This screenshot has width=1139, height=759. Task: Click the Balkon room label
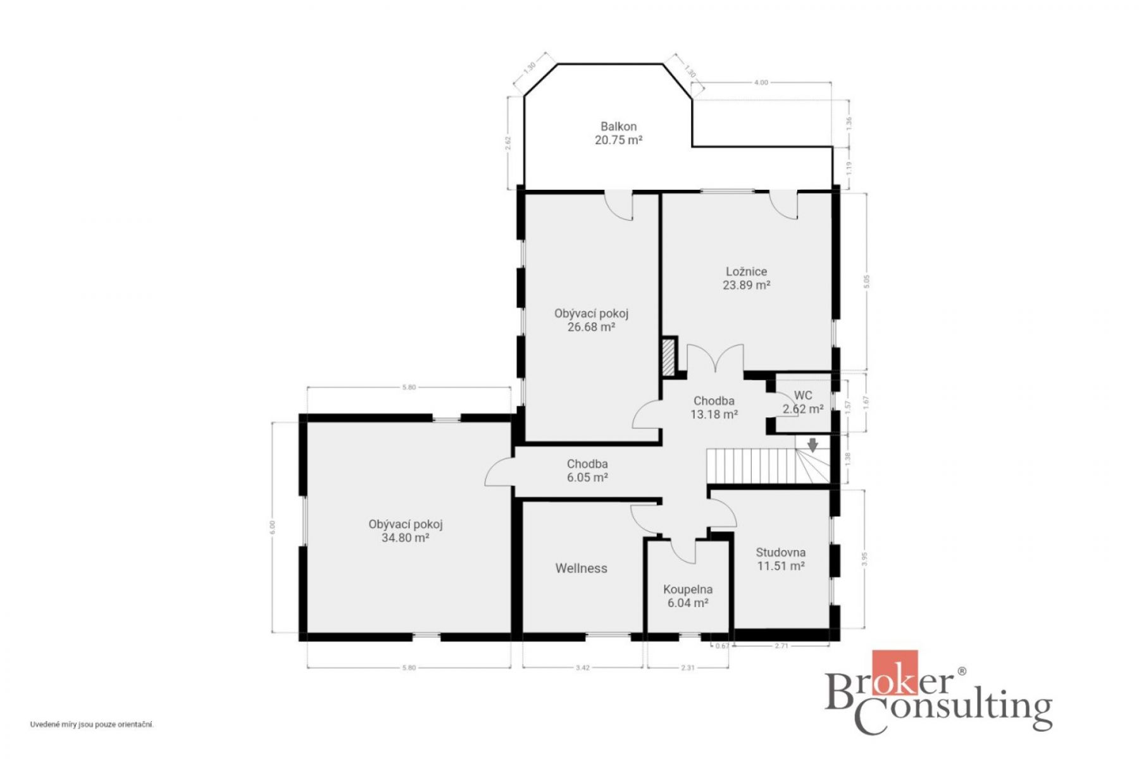(618, 126)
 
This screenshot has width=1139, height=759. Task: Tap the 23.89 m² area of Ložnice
(746, 285)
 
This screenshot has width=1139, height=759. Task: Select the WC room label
(803, 395)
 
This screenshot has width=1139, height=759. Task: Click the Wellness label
(581, 569)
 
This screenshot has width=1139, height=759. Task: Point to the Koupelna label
(688, 589)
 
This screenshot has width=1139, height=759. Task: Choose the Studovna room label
(781, 553)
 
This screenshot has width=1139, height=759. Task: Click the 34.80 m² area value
(406, 538)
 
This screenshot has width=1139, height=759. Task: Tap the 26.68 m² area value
(591, 328)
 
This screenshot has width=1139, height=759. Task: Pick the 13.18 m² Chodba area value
(714, 415)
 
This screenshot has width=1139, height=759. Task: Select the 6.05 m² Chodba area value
(587, 478)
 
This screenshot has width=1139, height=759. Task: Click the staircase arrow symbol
(812, 444)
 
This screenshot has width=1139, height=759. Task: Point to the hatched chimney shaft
(668, 357)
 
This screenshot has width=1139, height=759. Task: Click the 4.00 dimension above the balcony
(761, 83)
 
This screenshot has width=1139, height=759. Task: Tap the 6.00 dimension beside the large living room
(273, 527)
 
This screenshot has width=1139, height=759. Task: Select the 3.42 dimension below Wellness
(583, 667)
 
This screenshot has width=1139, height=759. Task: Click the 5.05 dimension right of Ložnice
(867, 281)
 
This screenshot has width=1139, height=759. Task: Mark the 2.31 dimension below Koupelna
(687, 667)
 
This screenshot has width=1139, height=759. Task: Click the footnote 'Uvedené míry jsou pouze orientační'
(92, 725)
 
